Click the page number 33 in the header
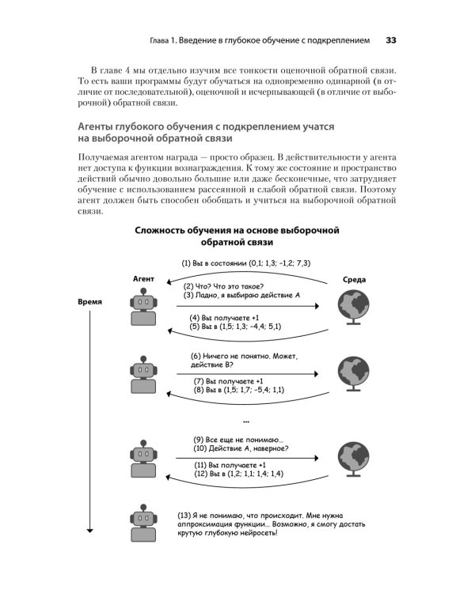(x=391, y=40)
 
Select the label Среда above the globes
(x=353, y=279)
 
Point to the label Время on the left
(x=89, y=302)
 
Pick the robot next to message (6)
(x=142, y=376)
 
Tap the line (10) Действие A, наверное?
(x=241, y=448)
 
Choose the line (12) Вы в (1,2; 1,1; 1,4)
(x=239, y=474)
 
